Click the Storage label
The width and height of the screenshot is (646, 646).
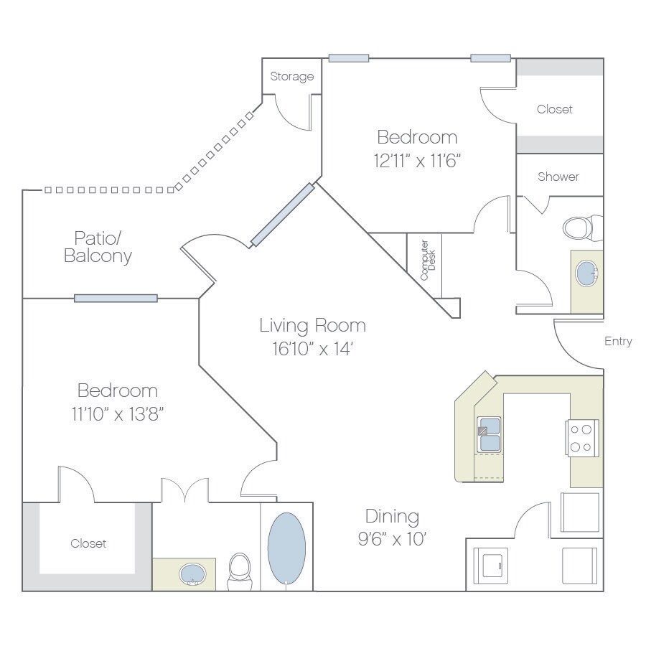(x=291, y=77)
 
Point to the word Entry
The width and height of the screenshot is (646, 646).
(x=617, y=342)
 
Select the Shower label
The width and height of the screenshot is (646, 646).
(x=558, y=177)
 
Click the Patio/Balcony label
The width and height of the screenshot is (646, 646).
(x=98, y=246)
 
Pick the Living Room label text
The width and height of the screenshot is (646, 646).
(x=312, y=325)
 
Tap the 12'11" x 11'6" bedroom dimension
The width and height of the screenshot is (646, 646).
(x=417, y=160)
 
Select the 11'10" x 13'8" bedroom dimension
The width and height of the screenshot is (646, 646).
(x=117, y=414)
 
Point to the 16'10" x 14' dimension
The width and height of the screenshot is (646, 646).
(x=312, y=350)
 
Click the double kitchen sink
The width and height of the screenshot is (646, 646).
(x=489, y=434)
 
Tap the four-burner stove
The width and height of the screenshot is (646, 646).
(x=583, y=438)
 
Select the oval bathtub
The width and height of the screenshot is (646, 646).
(x=286, y=548)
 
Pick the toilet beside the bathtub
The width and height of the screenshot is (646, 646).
(x=239, y=571)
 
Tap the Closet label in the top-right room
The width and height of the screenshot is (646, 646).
(x=555, y=110)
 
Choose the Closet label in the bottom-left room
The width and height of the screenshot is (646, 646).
(x=88, y=544)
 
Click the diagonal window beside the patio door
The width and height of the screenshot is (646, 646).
(x=282, y=215)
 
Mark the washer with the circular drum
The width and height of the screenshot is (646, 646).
(x=495, y=565)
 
